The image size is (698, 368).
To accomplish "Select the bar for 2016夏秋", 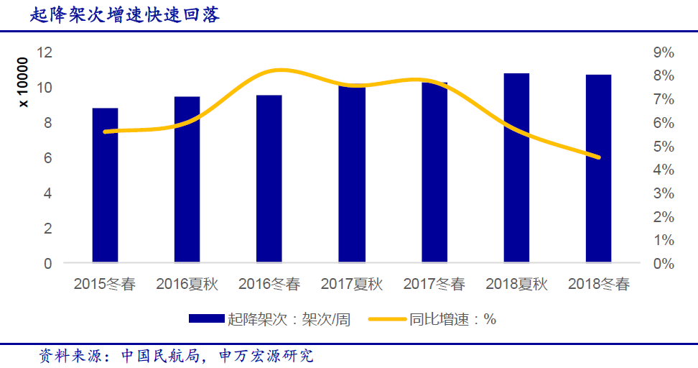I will [x=187, y=180].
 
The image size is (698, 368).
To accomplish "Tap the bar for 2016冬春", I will [x=269, y=179].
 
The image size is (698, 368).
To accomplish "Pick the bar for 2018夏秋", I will [x=516, y=168].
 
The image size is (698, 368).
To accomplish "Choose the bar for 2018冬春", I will [x=598, y=169].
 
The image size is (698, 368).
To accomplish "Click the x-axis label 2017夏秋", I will [x=352, y=285].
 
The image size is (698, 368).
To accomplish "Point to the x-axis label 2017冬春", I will [x=434, y=285].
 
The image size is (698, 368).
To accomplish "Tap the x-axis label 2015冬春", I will [x=105, y=285].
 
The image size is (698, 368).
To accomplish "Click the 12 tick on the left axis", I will [x=45, y=52].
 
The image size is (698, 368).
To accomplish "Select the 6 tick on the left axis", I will [x=48, y=158].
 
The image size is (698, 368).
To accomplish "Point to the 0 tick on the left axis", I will [x=48, y=264].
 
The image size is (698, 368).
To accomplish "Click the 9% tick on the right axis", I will [x=663, y=52].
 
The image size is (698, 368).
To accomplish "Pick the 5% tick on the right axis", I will [x=663, y=147].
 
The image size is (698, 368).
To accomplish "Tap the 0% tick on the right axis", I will [x=663, y=264].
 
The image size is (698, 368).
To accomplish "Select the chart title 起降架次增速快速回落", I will [x=125, y=15].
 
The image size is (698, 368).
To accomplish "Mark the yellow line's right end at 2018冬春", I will [x=598, y=157].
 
